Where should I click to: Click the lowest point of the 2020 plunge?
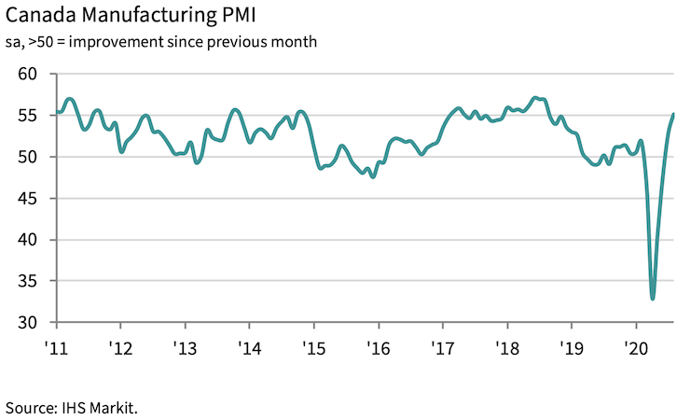coord(653,299)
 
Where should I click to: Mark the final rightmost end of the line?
coord(674,114)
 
